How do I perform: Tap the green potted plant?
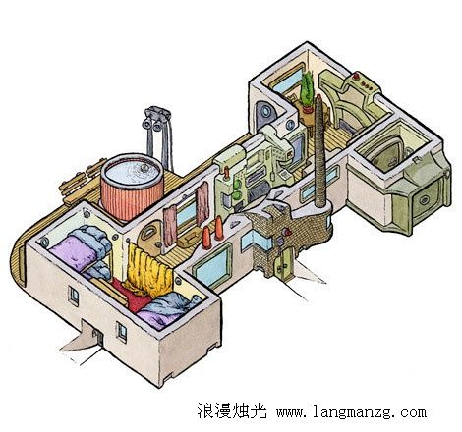pos(308,91)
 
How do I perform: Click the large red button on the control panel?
pos(356,78)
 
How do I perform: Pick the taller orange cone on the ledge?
pos(219,228)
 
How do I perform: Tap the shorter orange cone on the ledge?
pos(206,238)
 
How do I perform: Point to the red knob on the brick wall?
pos(288,232)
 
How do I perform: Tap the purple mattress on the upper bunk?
pos(74,251)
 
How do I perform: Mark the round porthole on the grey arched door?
pos(265,112)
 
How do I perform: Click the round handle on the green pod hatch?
pos(425,199)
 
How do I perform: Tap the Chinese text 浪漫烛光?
pos(232,410)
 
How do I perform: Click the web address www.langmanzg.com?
pos(352,411)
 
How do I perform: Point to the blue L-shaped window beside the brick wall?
pos(257,242)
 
